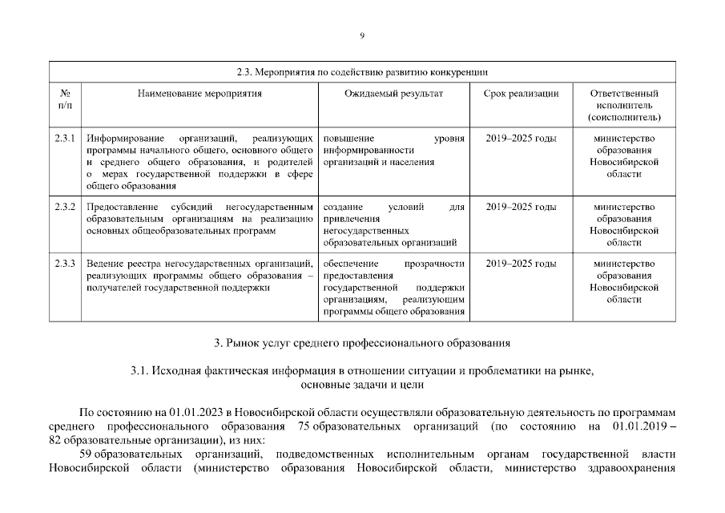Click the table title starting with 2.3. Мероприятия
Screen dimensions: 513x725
362,72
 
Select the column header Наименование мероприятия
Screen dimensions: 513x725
199,93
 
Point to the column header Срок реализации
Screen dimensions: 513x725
521,93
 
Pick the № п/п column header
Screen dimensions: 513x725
65,99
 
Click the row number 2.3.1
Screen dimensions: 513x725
65,139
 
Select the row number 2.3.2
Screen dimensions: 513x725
65,207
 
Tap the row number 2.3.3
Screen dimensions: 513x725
65,264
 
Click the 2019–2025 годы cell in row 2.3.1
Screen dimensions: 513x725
521,139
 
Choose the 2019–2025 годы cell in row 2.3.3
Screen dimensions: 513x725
521,264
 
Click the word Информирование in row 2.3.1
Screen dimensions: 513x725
123,139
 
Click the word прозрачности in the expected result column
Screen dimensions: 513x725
434,264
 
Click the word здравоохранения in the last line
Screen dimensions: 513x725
634,469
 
